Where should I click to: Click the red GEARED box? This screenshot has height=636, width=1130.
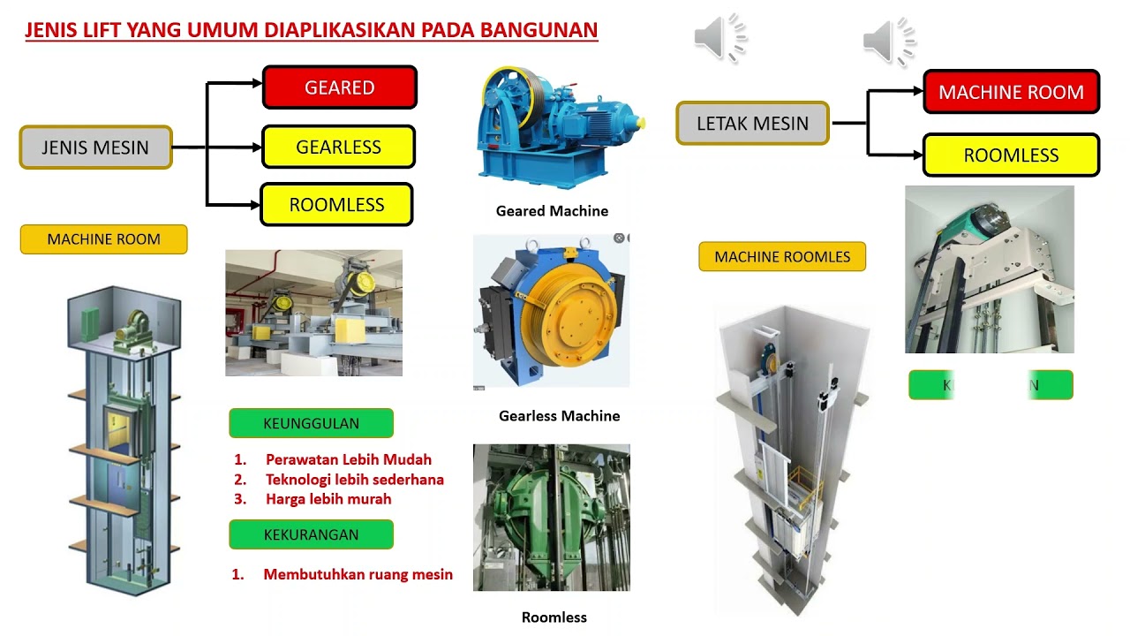point(340,87)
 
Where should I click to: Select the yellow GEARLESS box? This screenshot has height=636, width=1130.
point(338,147)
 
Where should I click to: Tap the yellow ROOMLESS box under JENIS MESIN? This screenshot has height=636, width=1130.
point(336,205)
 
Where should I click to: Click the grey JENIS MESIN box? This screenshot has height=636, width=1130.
point(95,148)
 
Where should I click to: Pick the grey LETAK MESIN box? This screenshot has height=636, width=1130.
point(752,124)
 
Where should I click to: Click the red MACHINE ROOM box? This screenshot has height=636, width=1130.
point(1011,92)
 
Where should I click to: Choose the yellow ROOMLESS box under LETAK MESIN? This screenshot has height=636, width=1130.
point(1011,155)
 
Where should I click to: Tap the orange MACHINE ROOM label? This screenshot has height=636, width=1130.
point(103,239)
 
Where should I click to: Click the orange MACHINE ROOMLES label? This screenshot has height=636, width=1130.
point(782,257)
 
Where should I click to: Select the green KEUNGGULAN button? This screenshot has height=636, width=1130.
point(311,423)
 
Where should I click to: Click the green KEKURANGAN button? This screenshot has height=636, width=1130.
point(311,534)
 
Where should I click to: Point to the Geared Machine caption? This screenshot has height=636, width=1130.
point(552,211)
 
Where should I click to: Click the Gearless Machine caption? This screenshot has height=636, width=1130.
point(559,416)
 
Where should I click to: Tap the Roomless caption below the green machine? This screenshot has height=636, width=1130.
point(554,617)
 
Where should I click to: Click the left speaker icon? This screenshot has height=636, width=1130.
point(719,40)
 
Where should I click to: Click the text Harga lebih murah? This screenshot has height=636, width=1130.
point(328,499)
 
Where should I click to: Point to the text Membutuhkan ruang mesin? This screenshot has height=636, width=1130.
point(358,575)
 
